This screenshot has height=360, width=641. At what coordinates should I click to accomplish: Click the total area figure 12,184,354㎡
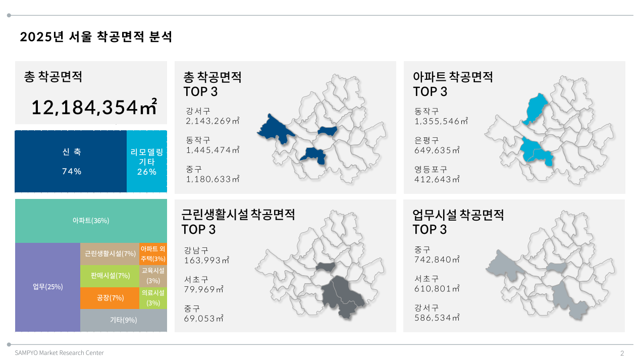click(x=94, y=107)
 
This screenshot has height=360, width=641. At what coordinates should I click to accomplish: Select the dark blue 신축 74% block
click(x=71, y=162)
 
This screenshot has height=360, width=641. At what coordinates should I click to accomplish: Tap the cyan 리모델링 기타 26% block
click(x=147, y=162)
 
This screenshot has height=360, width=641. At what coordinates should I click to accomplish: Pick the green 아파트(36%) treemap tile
click(x=91, y=221)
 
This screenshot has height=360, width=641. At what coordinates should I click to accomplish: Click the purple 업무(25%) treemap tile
click(x=48, y=287)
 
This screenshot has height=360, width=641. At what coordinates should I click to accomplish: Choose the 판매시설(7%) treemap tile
click(x=110, y=276)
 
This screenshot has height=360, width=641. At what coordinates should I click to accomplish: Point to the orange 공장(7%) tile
click(x=110, y=298)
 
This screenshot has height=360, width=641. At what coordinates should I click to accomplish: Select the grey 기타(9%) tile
click(x=124, y=320)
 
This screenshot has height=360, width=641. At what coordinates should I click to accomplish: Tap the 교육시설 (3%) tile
click(x=153, y=276)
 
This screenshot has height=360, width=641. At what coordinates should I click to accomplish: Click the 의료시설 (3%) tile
click(x=153, y=298)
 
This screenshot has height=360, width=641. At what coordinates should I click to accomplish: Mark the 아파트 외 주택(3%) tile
click(x=153, y=254)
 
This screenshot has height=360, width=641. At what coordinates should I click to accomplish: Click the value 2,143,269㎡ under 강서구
click(x=212, y=121)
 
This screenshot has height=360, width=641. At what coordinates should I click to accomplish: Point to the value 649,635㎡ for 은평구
click(x=437, y=150)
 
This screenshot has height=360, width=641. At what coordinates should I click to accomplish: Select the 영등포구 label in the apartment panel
click(x=431, y=170)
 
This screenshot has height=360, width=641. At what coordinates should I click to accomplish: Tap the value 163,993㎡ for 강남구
click(x=206, y=260)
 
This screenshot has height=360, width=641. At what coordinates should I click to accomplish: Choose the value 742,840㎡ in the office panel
click(x=437, y=259)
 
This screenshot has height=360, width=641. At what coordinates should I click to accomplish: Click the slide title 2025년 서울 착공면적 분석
click(x=96, y=37)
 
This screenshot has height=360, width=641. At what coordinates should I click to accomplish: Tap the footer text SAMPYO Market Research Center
click(x=59, y=353)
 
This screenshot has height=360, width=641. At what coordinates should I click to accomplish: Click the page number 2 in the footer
click(x=622, y=353)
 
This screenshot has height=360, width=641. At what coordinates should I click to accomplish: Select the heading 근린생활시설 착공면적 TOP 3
click(x=238, y=222)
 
